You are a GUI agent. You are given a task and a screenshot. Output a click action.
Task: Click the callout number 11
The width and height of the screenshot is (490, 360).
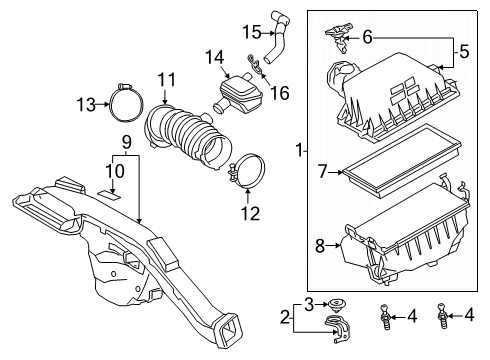[x=166, y=78]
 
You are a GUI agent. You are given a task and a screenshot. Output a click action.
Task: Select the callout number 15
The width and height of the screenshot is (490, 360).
[x=252, y=31]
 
